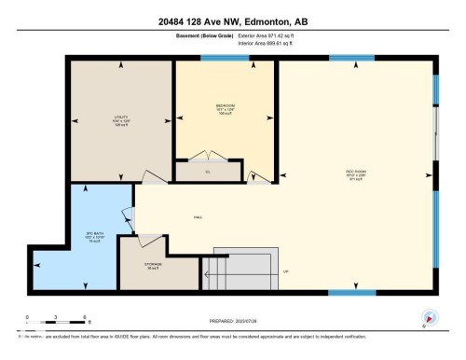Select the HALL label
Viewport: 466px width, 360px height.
[x=199, y=216]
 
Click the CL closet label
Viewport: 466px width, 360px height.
[x=208, y=173]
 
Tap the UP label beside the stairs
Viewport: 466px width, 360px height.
[x=286, y=271]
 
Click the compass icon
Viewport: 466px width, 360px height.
[x=428, y=318]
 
